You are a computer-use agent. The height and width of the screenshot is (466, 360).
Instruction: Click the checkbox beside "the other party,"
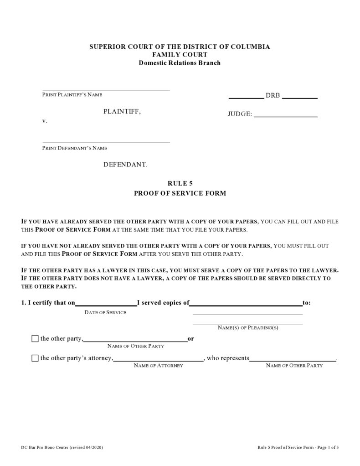(x=35, y=339)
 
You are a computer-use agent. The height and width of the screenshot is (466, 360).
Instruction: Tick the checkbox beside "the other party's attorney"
(x=35, y=358)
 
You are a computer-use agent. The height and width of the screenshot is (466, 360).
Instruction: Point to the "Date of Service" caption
(x=106, y=312)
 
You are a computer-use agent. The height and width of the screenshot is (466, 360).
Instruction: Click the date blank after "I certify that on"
(x=106, y=302)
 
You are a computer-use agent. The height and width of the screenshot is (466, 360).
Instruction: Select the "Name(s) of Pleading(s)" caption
(x=248, y=328)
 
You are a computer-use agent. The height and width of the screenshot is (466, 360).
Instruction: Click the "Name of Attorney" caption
(x=158, y=366)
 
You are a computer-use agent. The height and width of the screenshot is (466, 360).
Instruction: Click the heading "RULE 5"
(x=180, y=183)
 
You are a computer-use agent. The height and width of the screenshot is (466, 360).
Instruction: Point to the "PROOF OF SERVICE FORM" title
(x=180, y=193)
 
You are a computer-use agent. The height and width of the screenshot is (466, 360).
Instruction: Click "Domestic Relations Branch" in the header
(x=180, y=63)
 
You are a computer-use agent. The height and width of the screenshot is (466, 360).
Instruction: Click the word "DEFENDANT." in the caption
(x=125, y=164)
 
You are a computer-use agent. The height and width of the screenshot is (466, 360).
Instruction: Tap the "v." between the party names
(x=45, y=122)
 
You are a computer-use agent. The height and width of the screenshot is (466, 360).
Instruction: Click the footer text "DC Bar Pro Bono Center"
(x=45, y=447)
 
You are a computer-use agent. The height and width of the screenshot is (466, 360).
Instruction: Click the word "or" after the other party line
(x=191, y=339)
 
